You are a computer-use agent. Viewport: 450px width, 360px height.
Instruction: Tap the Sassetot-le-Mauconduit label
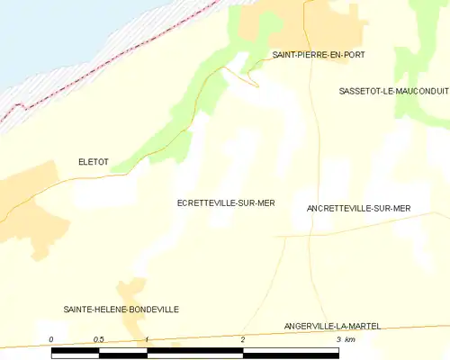click(x=393, y=92)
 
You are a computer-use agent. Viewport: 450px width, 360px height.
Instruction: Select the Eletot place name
click(x=94, y=162)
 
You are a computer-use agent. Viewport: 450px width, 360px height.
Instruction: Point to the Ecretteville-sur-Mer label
click(x=226, y=203)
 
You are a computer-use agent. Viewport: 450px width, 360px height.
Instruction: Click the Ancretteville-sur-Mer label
click(x=358, y=208)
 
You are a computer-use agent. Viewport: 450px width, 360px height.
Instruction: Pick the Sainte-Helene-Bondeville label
click(x=121, y=309)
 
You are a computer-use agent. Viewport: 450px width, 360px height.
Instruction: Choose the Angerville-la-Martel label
click(x=338, y=325)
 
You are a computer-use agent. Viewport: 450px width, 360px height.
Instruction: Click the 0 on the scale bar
click(x=52, y=339)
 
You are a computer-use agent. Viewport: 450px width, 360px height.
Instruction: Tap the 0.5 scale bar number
click(x=99, y=339)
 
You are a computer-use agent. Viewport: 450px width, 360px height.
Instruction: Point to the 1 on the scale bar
click(x=148, y=339)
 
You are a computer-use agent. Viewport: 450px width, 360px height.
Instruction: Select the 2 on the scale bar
click(x=243, y=339)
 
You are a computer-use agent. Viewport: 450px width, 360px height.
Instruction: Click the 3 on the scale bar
click(x=337, y=339)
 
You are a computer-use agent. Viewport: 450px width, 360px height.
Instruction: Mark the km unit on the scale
click(x=350, y=339)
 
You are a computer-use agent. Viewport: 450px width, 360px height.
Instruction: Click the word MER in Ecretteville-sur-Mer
click(x=265, y=203)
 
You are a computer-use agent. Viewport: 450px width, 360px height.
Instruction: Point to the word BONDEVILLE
click(x=152, y=309)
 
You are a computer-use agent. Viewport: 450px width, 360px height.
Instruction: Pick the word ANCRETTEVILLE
click(x=336, y=208)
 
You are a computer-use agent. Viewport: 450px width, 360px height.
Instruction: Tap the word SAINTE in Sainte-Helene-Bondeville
click(x=77, y=309)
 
